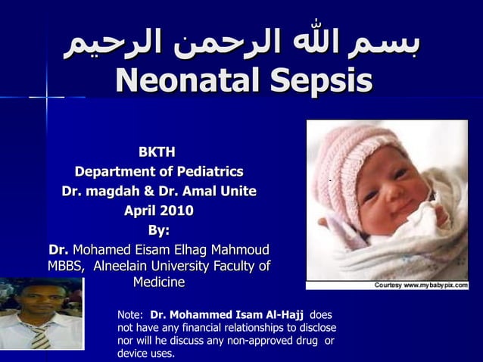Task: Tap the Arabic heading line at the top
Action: point(241,43)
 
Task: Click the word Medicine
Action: point(158,282)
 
